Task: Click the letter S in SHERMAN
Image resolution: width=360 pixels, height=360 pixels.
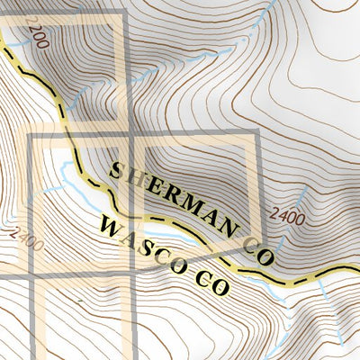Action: [x=116, y=168]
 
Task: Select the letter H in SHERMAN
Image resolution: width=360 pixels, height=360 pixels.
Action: [x=137, y=177]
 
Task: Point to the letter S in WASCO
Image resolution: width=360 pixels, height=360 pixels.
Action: [x=148, y=242]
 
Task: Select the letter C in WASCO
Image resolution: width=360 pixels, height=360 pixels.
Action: [x=165, y=253]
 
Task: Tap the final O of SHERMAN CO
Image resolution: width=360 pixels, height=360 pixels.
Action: [x=266, y=256]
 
